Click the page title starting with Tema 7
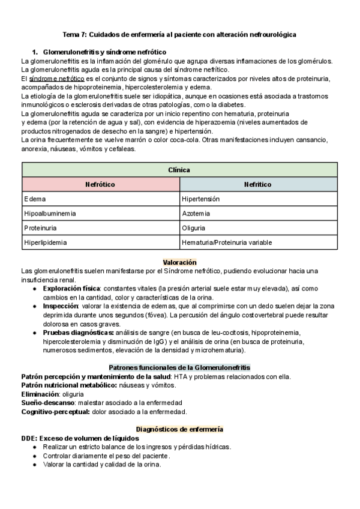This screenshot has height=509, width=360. (179, 35)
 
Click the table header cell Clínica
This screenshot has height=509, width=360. (179, 170)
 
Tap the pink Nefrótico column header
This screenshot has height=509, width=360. (100, 184)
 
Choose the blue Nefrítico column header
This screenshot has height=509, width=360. (258, 184)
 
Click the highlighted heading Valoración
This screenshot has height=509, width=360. (179, 263)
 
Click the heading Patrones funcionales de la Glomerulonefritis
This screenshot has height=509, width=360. (179, 367)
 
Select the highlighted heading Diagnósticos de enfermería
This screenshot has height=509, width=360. (179, 429)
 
